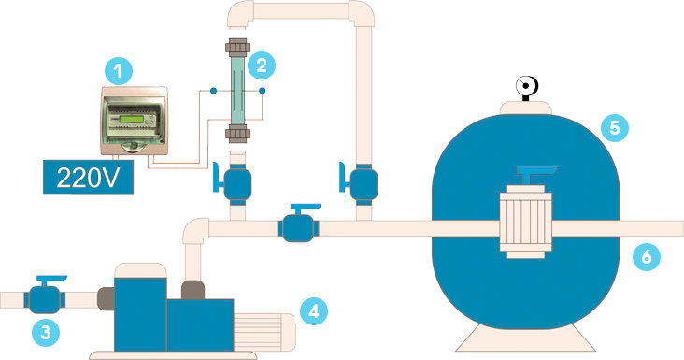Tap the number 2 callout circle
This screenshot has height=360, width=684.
pos(262,65)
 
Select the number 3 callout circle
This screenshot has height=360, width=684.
pos(46,333)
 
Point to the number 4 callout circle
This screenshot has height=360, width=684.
pos(314,311)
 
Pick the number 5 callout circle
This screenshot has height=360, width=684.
pos(614,127)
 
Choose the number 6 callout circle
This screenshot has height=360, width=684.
pos(647,256)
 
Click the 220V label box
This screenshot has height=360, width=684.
pos(88,177)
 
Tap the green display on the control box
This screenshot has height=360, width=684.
pos(132,120)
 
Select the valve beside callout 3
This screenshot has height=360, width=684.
pos(45,295)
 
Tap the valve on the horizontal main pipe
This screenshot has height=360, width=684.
pos(298,223)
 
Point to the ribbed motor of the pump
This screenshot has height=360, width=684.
pos(264,332)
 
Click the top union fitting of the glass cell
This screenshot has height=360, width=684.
pos(237,48)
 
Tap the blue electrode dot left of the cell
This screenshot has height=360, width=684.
pos(213,91)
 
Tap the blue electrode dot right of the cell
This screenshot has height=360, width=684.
pos(263,91)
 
